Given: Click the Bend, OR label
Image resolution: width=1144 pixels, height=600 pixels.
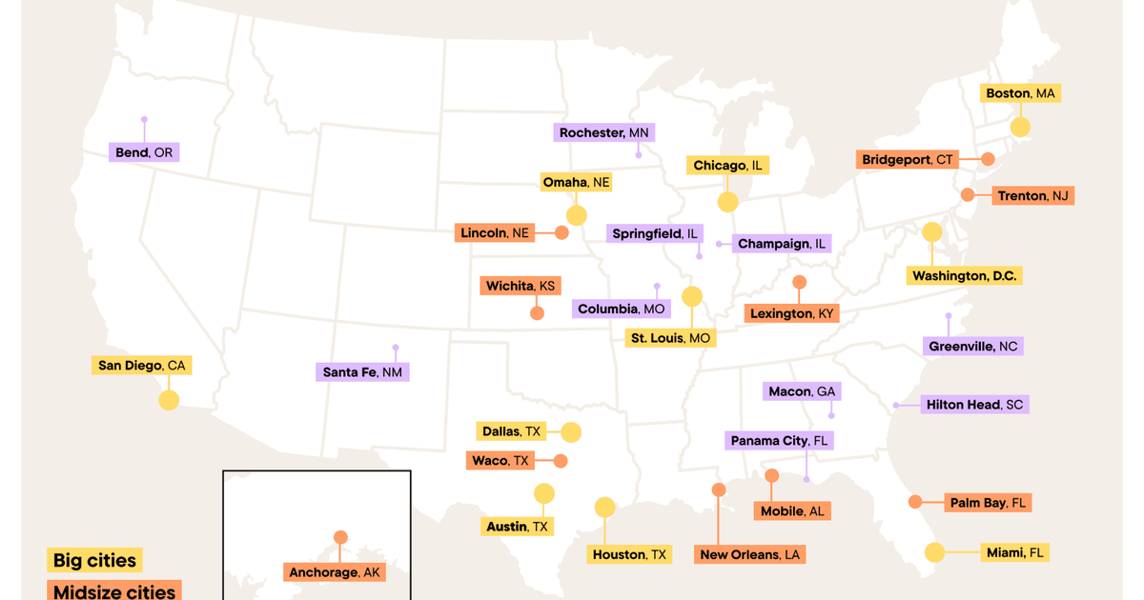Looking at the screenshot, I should pyautogui.click(x=144, y=152).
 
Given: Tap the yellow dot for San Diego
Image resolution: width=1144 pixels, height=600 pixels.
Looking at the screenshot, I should pyautogui.click(x=169, y=400).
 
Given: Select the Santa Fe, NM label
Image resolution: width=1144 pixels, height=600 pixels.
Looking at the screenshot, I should pyautogui.click(x=362, y=372).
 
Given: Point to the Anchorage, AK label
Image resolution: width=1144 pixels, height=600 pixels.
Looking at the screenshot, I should pyautogui.click(x=335, y=572).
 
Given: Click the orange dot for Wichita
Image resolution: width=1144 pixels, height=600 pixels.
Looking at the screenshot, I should pyautogui.click(x=537, y=312).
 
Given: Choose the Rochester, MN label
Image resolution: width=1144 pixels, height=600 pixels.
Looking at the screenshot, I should pyautogui.click(x=604, y=133).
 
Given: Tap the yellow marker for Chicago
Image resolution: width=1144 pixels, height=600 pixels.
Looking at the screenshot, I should pyautogui.click(x=727, y=202).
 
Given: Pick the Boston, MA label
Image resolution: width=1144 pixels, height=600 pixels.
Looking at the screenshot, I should pyautogui.click(x=1020, y=93).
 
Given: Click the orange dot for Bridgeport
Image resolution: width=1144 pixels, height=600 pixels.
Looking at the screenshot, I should pyautogui.click(x=989, y=159).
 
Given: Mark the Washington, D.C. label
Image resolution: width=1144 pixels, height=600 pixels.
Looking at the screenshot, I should pyautogui.click(x=965, y=276).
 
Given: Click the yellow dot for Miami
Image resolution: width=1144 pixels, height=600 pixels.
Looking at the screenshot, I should pyautogui.click(x=934, y=552).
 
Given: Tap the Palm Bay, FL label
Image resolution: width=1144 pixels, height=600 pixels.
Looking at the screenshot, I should pyautogui.click(x=988, y=503).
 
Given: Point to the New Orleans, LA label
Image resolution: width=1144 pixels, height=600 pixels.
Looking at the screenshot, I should pyautogui.click(x=750, y=554).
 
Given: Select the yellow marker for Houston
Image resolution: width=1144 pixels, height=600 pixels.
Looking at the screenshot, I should pyautogui.click(x=605, y=508).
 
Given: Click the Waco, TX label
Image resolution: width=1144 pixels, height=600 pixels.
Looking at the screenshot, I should pyautogui.click(x=500, y=461).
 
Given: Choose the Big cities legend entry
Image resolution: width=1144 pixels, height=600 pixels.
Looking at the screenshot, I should pyautogui.click(x=94, y=560).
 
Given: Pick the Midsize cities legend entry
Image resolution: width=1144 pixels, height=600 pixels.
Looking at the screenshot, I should pyautogui.click(x=114, y=591).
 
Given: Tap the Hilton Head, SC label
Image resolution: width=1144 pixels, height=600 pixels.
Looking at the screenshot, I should pyautogui.click(x=974, y=405).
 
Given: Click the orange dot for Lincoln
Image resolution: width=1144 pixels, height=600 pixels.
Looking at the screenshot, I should pyautogui.click(x=562, y=232).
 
